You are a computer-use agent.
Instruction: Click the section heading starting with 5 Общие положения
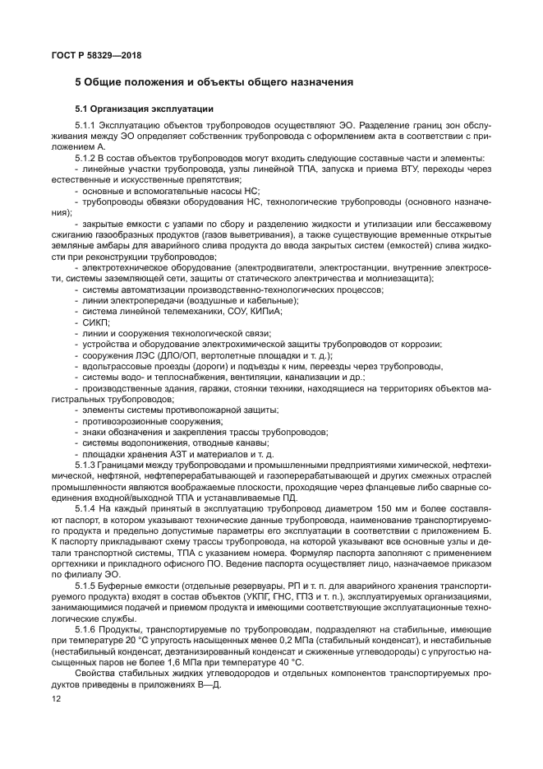click(x=214, y=82)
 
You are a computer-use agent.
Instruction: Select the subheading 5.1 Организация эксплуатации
click(x=145, y=109)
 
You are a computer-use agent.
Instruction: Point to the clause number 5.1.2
click(x=86, y=158)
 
